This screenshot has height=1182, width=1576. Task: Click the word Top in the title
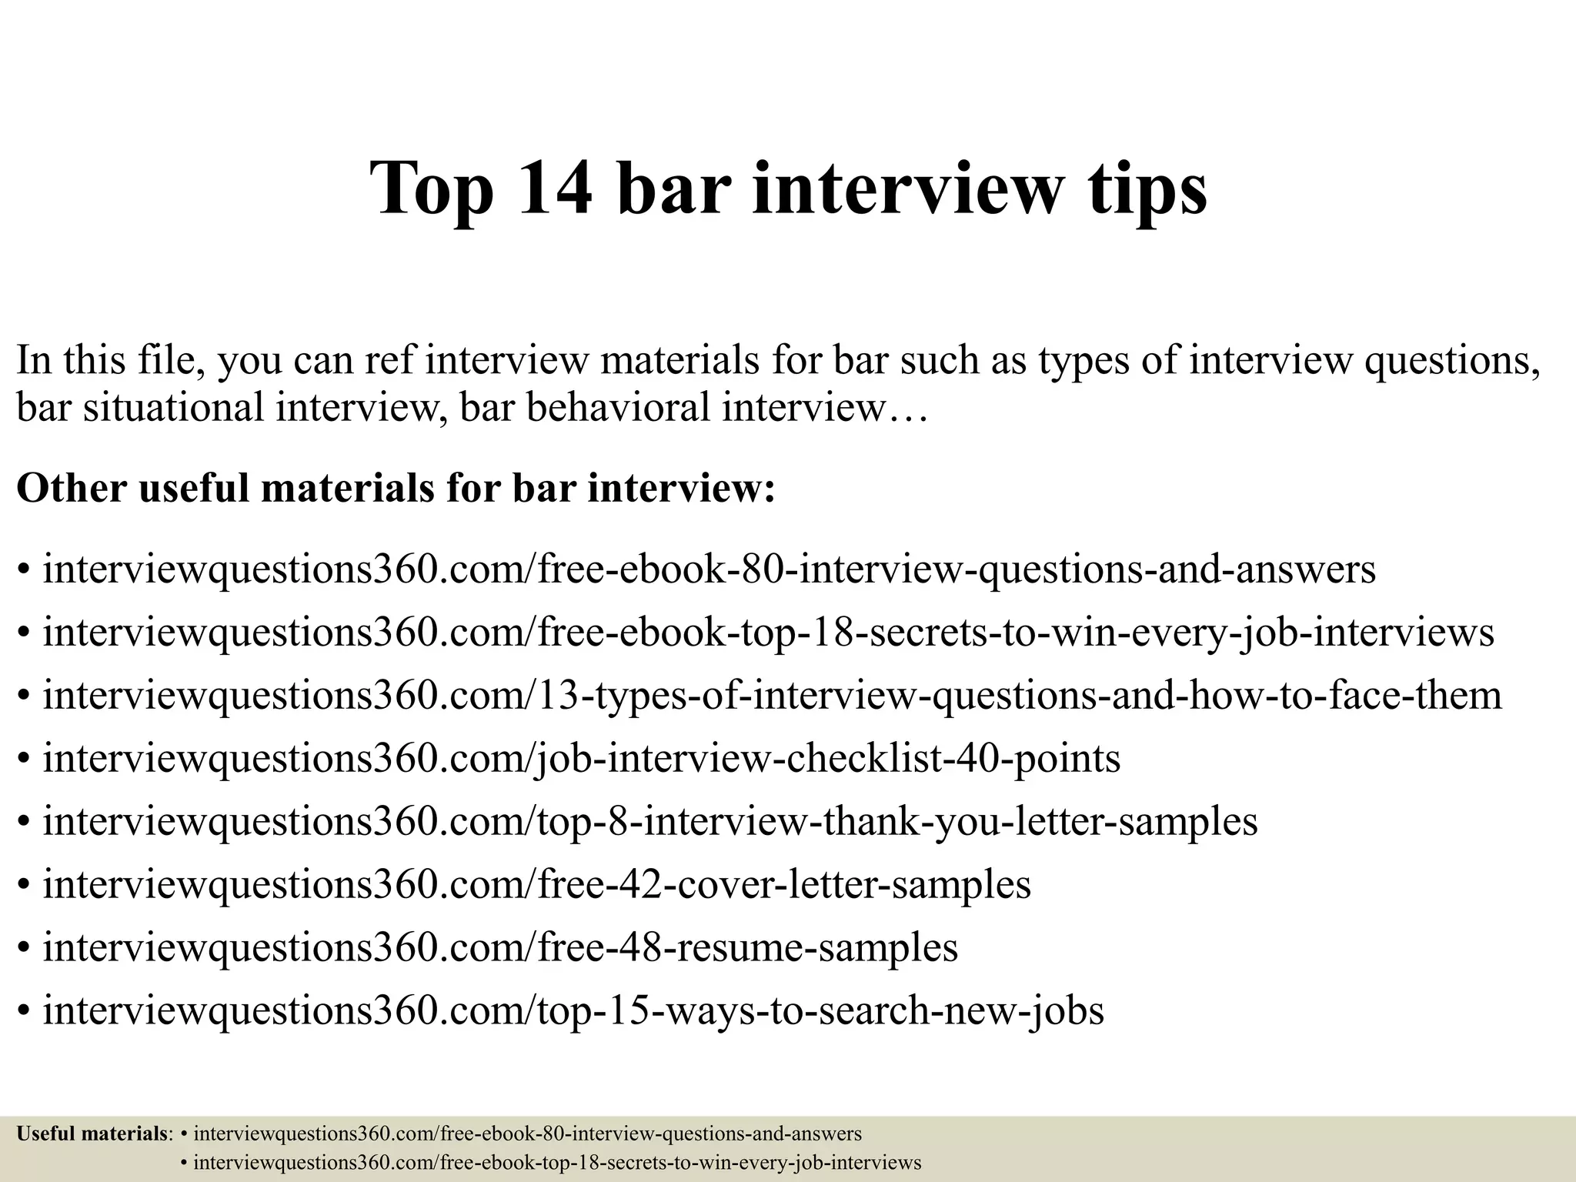(x=431, y=190)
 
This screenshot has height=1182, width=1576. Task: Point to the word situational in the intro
(x=173, y=407)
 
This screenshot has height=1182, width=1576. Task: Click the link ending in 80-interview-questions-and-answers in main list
(x=709, y=569)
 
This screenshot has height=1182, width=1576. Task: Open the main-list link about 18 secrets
(x=768, y=633)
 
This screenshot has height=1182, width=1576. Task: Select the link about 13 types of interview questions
(x=772, y=695)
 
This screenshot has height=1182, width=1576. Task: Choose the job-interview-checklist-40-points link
(x=581, y=758)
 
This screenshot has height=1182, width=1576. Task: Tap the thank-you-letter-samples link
(x=649, y=821)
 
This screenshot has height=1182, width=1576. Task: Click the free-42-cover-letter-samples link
(x=536, y=884)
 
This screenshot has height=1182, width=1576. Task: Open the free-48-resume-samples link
(x=500, y=947)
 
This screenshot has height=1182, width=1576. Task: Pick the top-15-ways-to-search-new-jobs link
(x=573, y=1010)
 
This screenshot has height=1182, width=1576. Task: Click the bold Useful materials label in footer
(x=92, y=1134)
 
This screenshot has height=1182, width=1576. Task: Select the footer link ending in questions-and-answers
(x=527, y=1134)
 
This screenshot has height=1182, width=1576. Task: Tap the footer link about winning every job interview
(x=556, y=1163)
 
